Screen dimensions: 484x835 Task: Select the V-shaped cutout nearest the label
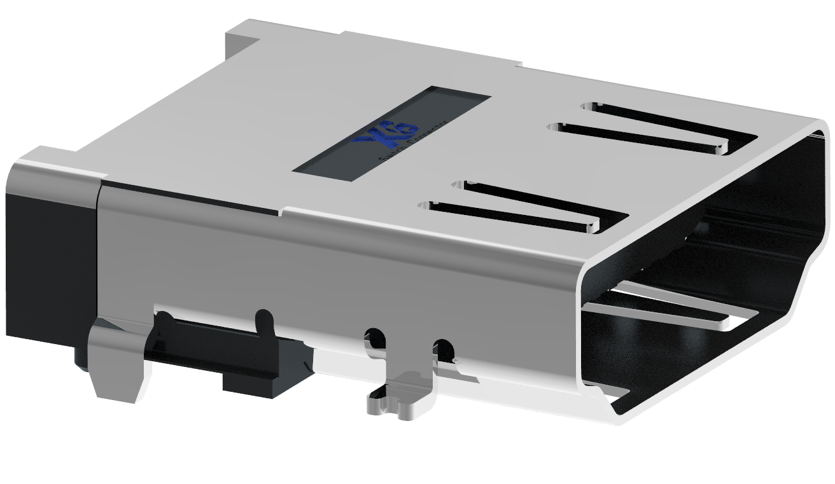click(522, 207)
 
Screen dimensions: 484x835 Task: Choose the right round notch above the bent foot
click(444, 349)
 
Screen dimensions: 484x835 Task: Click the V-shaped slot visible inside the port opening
click(662, 305)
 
